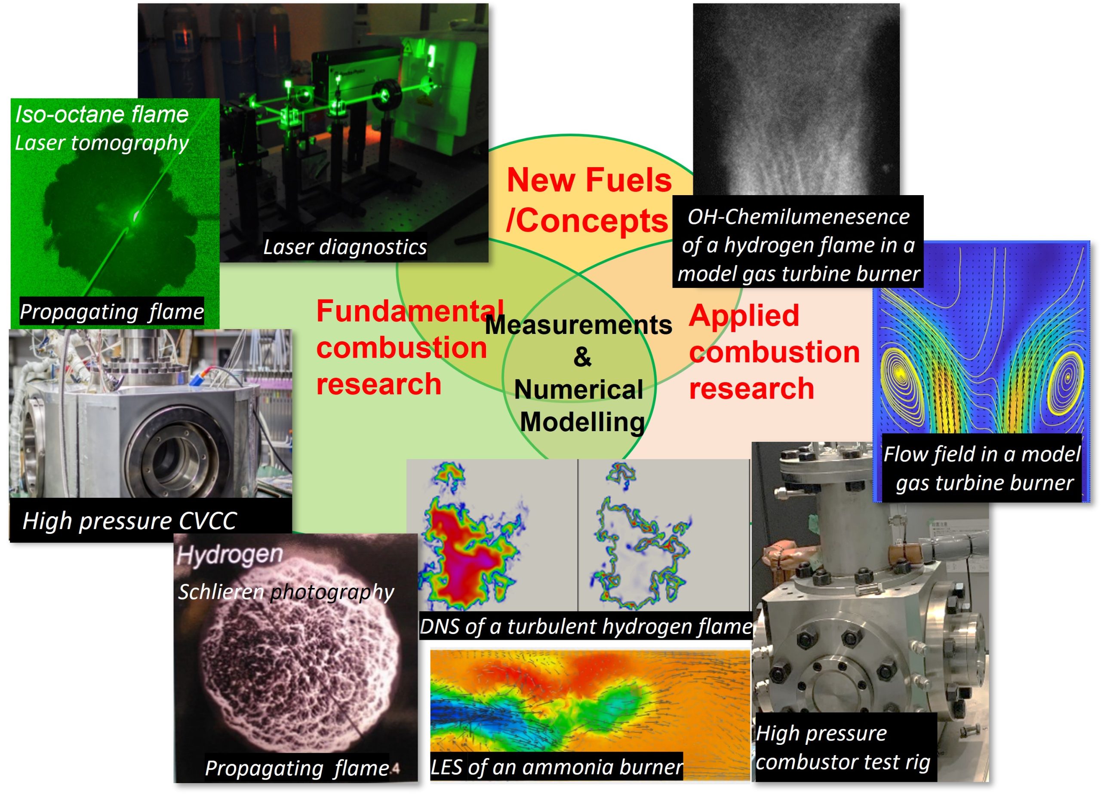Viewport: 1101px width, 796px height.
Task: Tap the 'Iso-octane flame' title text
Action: [102, 114]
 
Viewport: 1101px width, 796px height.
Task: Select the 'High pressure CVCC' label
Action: [129, 521]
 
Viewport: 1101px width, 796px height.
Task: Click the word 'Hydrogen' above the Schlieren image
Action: [230, 554]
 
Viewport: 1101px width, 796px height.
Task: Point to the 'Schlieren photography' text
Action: [286, 592]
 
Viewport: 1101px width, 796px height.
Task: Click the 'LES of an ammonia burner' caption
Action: [557, 767]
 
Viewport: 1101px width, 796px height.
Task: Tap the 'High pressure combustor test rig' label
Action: [843, 747]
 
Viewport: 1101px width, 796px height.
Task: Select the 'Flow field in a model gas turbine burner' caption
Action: [981, 468]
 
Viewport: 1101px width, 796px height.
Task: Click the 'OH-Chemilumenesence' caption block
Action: [798, 245]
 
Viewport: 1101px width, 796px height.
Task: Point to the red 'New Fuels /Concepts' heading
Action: [588, 200]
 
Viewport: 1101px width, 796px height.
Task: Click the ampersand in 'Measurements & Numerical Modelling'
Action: [582, 357]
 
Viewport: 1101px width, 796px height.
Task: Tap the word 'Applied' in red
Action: [744, 315]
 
